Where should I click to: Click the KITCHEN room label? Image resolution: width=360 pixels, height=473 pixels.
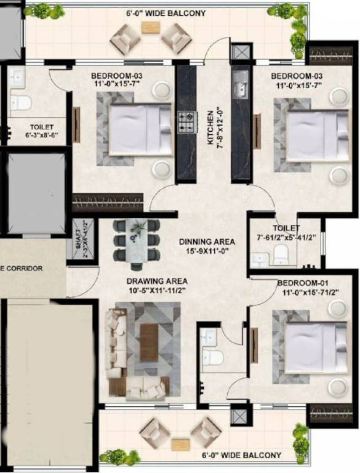(x=210, y=127)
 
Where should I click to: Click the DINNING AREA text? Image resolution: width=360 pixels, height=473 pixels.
(x=207, y=242)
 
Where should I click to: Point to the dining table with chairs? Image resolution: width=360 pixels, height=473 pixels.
(x=137, y=241)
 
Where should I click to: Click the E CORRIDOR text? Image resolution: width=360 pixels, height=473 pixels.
(x=22, y=269)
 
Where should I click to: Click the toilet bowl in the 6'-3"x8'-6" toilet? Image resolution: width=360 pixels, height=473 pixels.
(x=22, y=102)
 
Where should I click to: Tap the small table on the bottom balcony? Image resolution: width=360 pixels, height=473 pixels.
(x=180, y=444)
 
